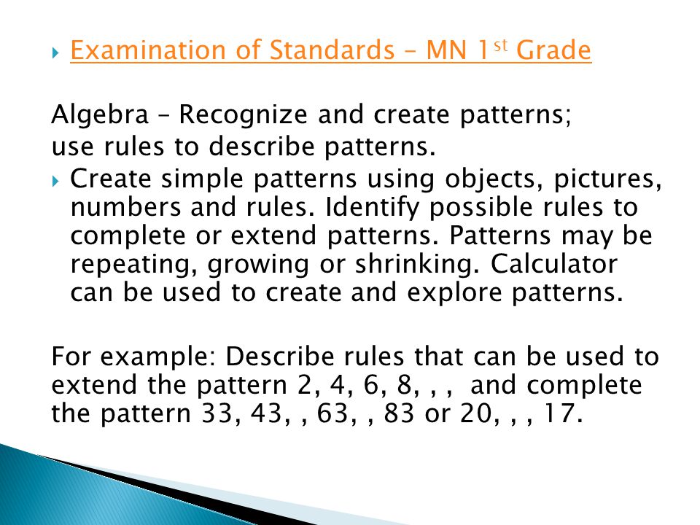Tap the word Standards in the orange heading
[332, 50]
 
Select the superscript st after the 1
[501, 45]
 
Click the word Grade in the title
[554, 50]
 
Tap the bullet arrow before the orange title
[55, 53]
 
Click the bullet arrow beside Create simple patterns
[55, 182]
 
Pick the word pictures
[608, 180]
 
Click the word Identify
[373, 208]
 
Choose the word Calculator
[554, 263]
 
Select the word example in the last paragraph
[160, 357]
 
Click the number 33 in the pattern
[218, 413]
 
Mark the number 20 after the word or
[477, 413]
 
